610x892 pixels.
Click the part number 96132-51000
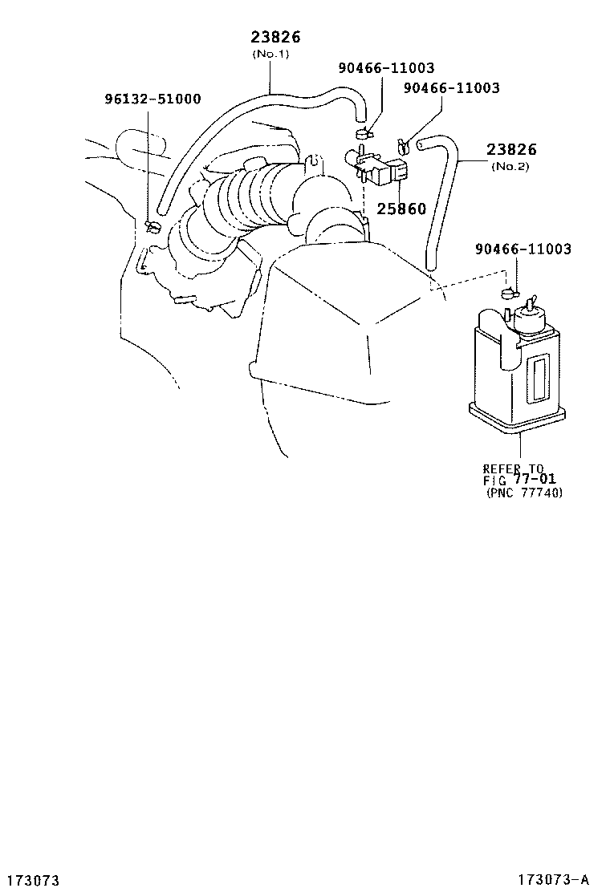click(x=152, y=99)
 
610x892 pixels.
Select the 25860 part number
click(x=401, y=209)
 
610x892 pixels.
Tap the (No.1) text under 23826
click(x=270, y=54)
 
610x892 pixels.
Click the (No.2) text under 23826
click(x=510, y=167)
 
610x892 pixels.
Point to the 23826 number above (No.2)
click(x=511, y=149)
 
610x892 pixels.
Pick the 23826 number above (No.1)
click(x=275, y=37)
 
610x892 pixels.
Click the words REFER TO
click(x=513, y=468)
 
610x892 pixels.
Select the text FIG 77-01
click(x=519, y=480)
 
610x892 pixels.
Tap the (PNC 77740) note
click(x=524, y=493)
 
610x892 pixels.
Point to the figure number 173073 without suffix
click(x=31, y=880)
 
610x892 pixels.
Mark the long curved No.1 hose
click(x=239, y=124)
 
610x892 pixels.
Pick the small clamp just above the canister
click(x=509, y=294)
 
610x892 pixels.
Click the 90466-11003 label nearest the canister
click(x=523, y=249)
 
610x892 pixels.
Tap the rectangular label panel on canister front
click(x=538, y=378)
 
